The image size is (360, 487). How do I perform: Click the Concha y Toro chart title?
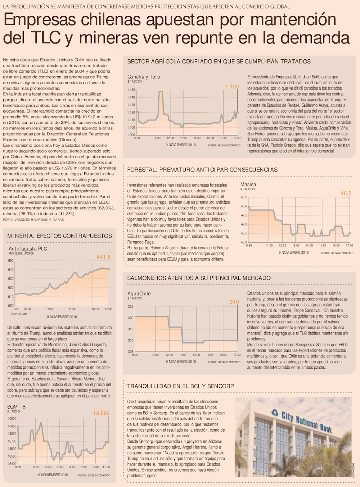144,77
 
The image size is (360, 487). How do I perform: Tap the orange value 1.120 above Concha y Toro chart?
232,87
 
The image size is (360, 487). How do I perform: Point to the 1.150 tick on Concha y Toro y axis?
131,90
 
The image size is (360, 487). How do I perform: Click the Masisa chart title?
248,185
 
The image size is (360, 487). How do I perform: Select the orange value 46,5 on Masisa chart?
346,194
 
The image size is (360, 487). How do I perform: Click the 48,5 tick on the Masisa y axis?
244,197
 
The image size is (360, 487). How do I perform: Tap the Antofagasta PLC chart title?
28,249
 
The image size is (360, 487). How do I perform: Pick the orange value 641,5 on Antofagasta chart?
104,257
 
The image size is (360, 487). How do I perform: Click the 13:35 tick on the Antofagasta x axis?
108,309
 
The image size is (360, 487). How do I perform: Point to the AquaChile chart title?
139,293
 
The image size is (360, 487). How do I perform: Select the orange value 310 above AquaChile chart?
234,302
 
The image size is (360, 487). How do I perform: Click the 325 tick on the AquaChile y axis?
130,307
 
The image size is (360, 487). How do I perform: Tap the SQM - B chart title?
16,407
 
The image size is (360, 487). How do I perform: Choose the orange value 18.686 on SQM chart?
102,414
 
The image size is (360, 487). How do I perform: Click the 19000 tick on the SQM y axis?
12,419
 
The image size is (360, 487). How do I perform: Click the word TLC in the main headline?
45,38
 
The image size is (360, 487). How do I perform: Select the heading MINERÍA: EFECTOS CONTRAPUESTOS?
59,236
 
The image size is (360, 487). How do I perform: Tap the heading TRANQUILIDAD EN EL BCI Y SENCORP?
180,386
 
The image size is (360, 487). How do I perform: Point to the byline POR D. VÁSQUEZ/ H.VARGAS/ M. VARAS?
33,219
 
